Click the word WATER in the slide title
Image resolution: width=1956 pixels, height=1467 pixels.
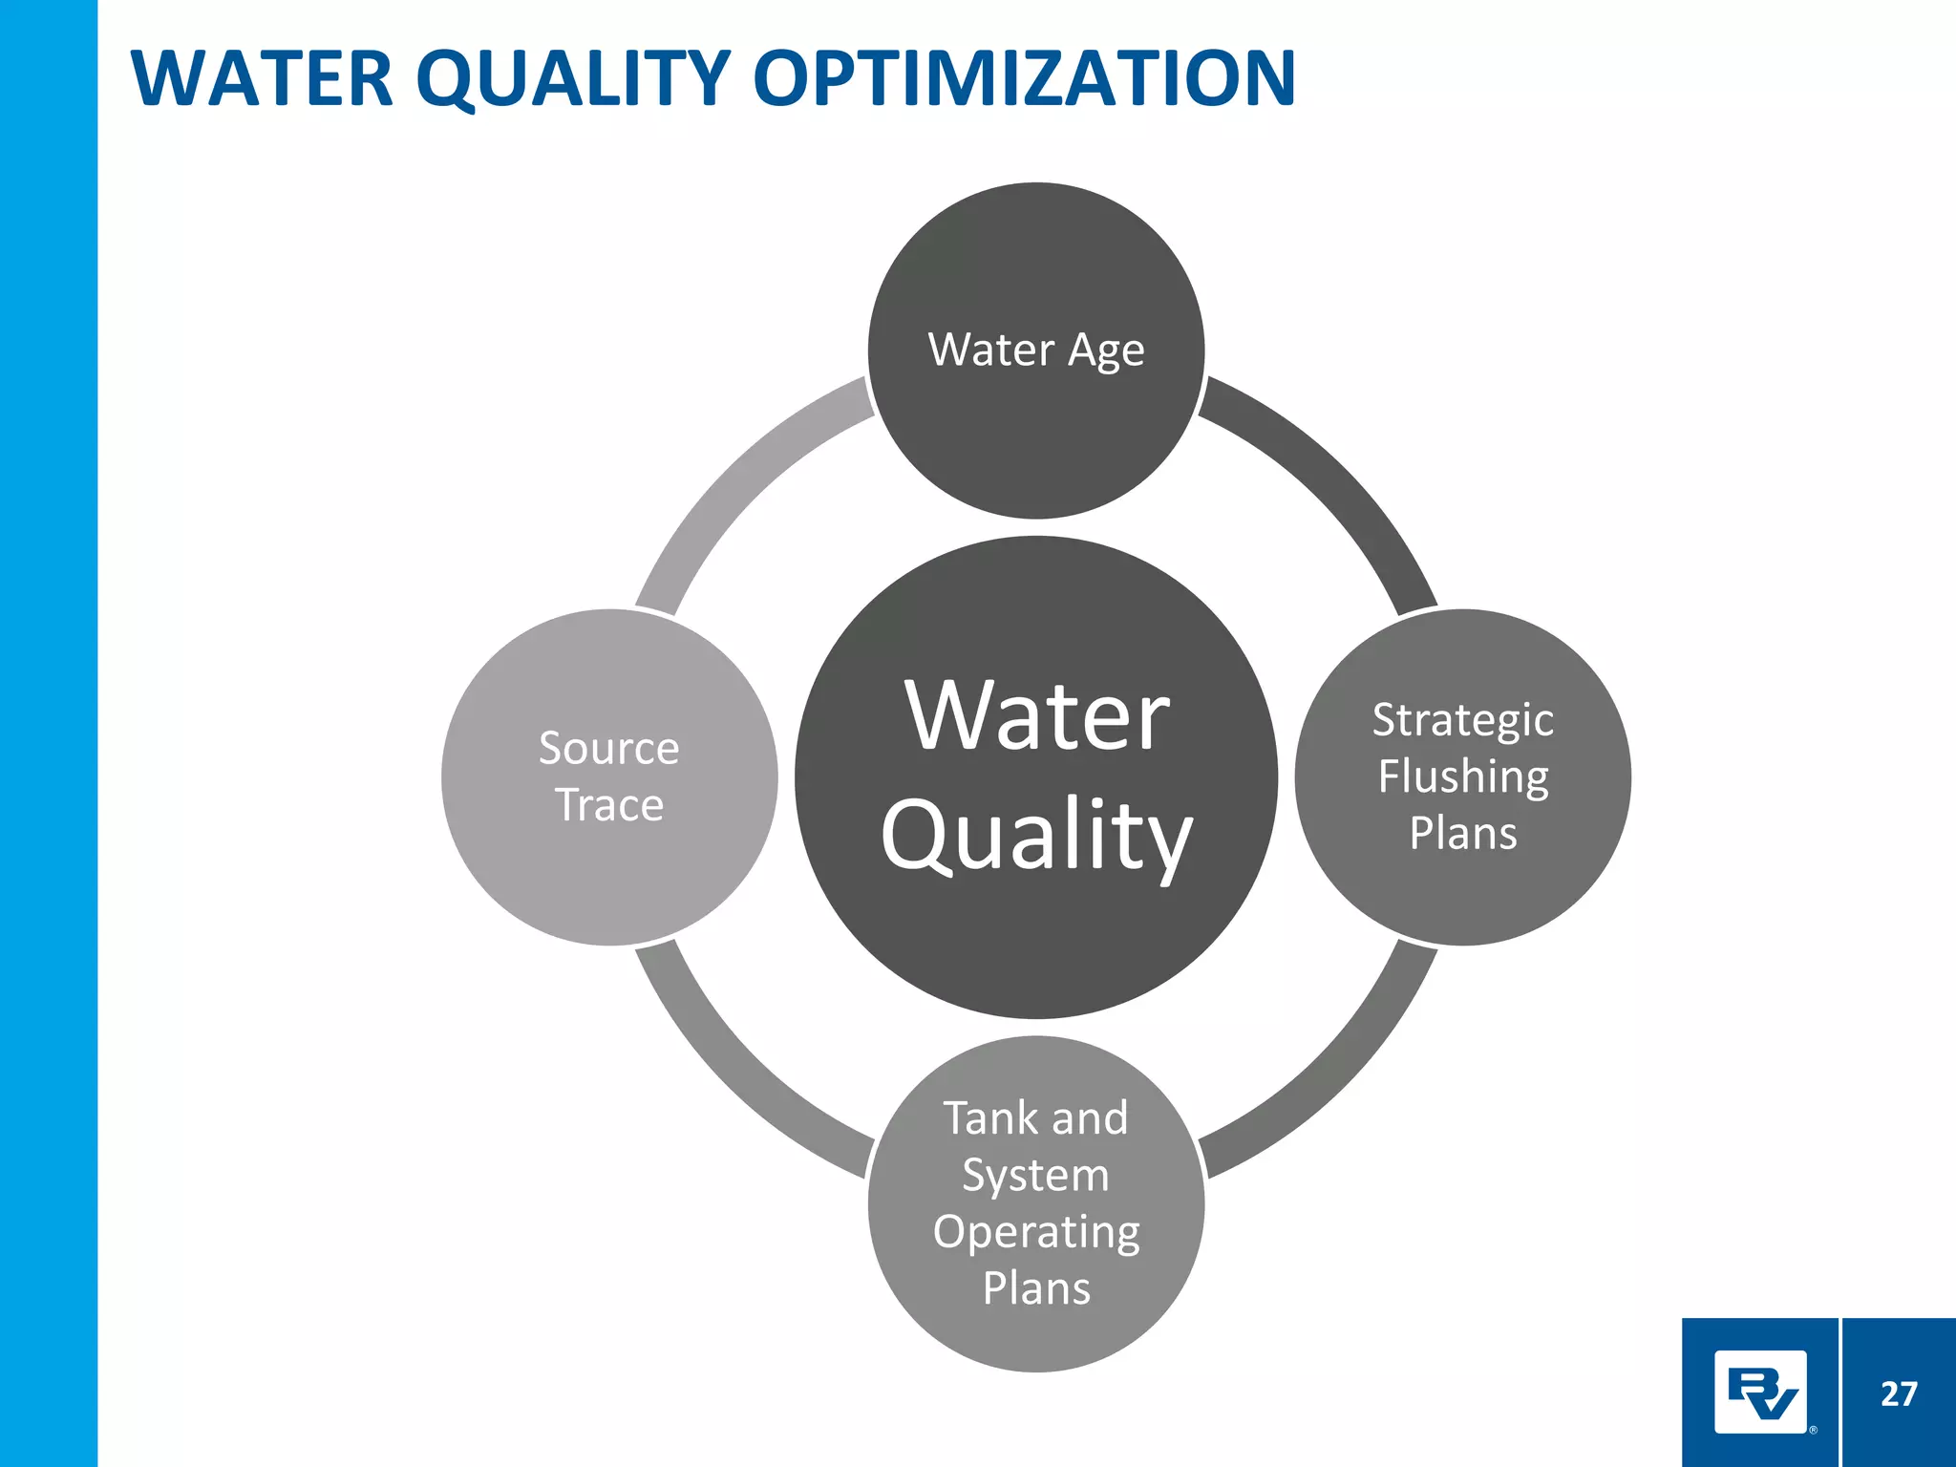tap(262, 78)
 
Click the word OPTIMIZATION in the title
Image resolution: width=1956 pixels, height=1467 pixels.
tap(1024, 78)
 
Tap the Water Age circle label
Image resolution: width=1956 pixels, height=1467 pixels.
tap(1036, 350)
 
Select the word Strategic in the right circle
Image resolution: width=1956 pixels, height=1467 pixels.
tap(1462, 720)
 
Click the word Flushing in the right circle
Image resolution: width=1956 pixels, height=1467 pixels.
tap(1462, 776)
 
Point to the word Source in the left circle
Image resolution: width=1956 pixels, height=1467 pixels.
tap(608, 748)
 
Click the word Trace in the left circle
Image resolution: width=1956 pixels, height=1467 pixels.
tap(608, 805)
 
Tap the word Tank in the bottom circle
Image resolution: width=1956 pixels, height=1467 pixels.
tap(984, 1118)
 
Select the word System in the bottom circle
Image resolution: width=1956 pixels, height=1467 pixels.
tap(1035, 1176)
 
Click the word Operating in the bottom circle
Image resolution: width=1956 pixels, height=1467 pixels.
tap(1035, 1232)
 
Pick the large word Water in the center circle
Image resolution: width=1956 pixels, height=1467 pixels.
tap(1036, 716)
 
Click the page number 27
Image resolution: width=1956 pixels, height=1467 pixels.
tap(1898, 1394)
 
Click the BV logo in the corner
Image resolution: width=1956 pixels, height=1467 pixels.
tap(1760, 1393)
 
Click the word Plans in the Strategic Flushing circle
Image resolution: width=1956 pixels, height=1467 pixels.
tap(1462, 834)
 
